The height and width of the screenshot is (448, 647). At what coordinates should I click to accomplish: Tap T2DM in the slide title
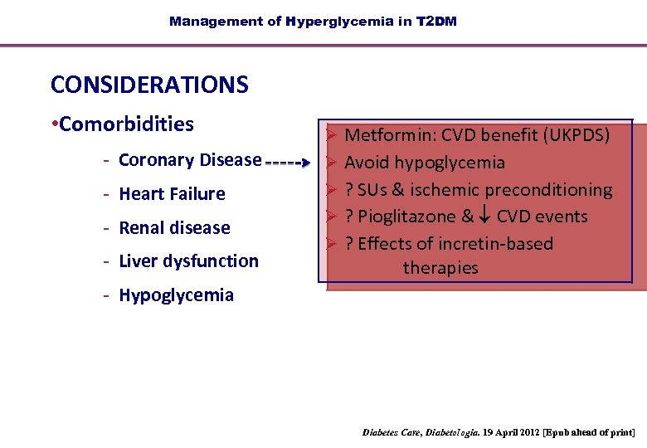click(x=436, y=22)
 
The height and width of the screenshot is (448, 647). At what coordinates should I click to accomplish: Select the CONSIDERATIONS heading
click(x=149, y=85)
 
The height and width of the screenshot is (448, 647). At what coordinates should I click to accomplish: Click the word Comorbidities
click(x=126, y=124)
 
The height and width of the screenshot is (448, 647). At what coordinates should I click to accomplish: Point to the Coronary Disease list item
click(x=190, y=160)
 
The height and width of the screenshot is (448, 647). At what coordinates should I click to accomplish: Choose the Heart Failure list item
click(x=172, y=194)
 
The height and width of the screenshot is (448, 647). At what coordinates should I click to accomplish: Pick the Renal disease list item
click(x=174, y=227)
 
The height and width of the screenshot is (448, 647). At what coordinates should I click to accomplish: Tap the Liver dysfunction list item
click(x=188, y=261)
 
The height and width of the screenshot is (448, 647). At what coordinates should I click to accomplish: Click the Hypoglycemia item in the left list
click(x=176, y=295)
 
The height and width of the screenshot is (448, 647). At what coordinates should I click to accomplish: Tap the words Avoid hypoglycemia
click(x=425, y=162)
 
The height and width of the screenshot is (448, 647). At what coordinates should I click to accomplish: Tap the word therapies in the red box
click(x=440, y=268)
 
